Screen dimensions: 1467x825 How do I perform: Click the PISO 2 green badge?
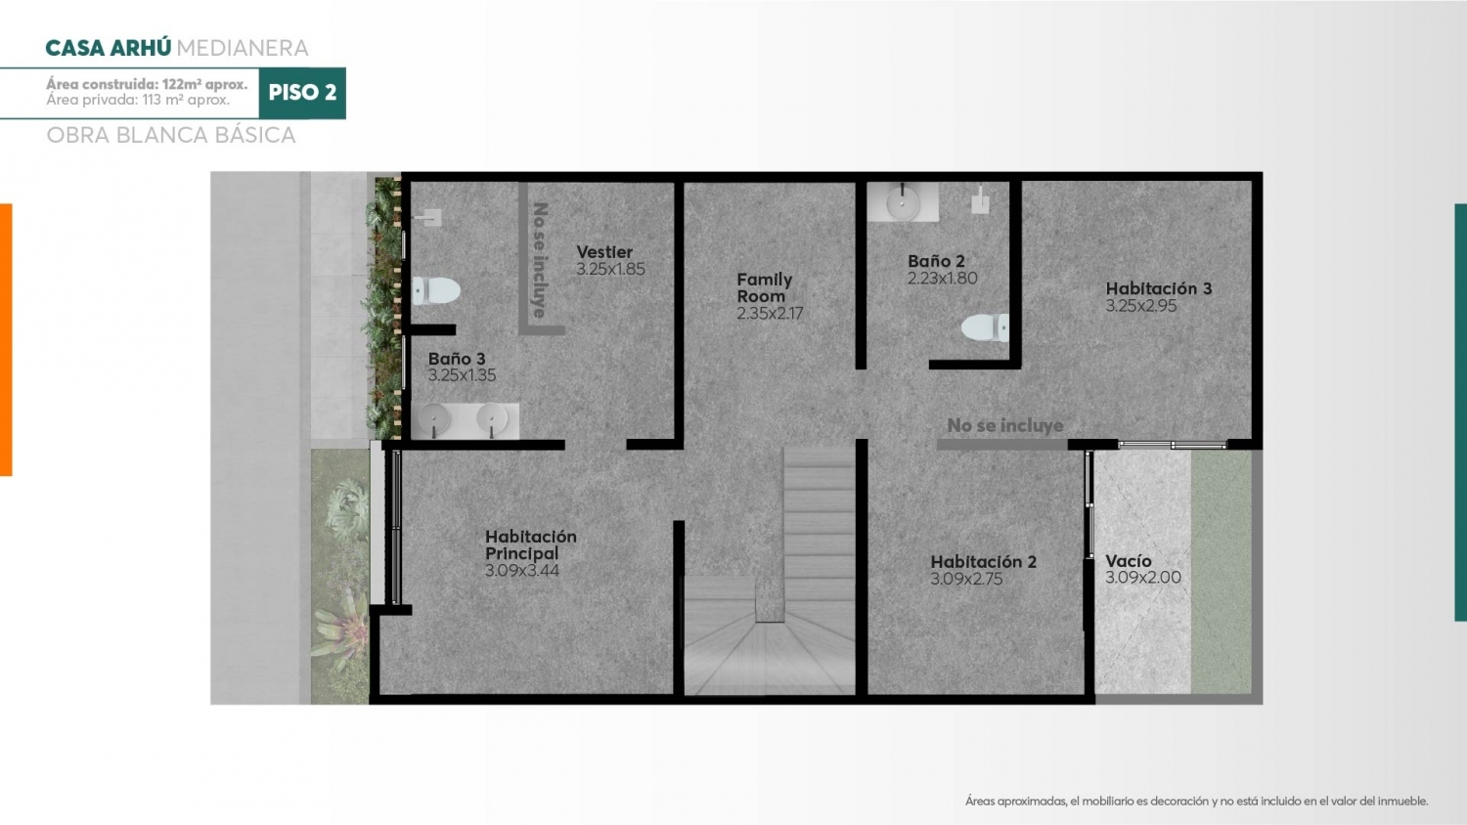302,93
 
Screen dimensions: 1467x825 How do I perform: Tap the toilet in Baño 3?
436,290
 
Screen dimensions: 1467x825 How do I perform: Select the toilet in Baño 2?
985,328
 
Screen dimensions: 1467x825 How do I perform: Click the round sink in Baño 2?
903,202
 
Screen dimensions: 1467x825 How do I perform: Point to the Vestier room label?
604,252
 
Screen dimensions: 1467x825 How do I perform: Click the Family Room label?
764,288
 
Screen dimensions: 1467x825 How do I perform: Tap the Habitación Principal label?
530,544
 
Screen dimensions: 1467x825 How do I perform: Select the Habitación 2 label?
983,562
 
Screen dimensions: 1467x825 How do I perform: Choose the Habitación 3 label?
1159,288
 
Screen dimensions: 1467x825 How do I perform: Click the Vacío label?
1129,561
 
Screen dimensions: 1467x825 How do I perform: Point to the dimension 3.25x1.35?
462,375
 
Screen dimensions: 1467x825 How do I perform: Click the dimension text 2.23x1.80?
942,279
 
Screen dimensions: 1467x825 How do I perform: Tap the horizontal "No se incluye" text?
1005,425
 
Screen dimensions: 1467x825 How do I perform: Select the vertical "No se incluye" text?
540,260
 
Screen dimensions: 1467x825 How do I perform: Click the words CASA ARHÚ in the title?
108,48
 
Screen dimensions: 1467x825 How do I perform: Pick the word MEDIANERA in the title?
243,48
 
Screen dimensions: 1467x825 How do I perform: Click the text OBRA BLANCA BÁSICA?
171,135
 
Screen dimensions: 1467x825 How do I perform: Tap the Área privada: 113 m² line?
138,100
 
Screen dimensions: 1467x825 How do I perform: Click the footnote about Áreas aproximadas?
1196,801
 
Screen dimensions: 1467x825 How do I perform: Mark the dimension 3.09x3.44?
522,570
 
